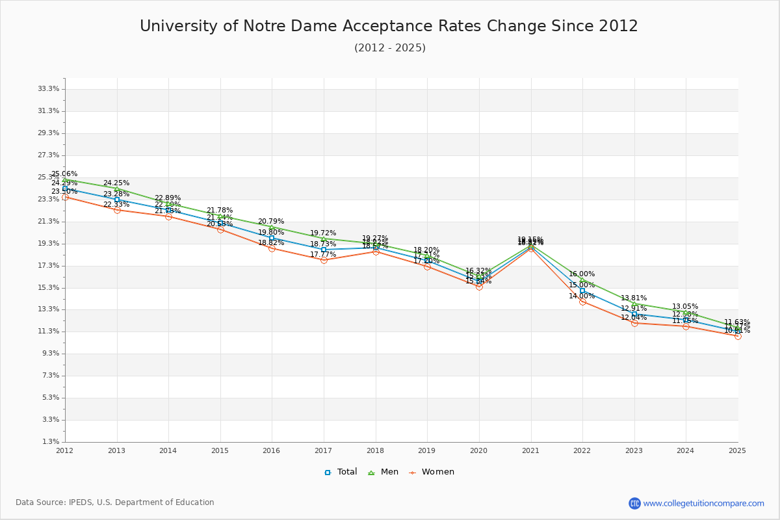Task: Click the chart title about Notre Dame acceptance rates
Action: coord(389,26)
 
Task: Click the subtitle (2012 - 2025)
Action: coord(390,47)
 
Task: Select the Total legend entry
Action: coord(341,472)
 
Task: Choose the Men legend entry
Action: coord(383,472)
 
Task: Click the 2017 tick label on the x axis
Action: coord(323,450)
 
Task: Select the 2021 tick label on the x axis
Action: coord(530,450)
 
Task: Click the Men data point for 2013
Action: coord(117,189)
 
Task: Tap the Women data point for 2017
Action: coord(324,260)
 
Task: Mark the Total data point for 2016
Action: coord(272,238)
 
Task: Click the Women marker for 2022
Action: coord(582,302)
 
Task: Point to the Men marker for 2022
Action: coord(582,279)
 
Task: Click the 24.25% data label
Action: coord(116,183)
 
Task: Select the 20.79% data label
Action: coord(271,221)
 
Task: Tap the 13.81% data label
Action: coord(634,298)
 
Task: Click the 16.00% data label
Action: coord(582,274)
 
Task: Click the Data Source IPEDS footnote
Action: coord(115,502)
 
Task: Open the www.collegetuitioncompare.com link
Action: coord(703,503)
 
